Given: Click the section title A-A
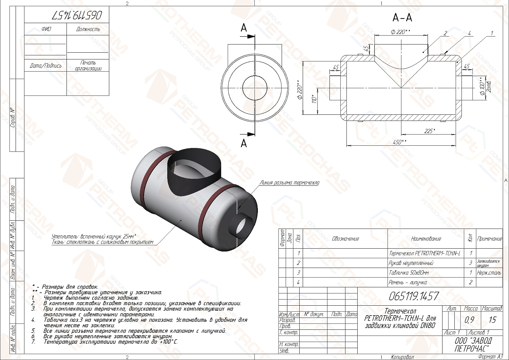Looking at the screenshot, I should coord(402,17).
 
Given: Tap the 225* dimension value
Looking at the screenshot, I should coord(430,131).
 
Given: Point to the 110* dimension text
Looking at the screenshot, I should coord(315,100).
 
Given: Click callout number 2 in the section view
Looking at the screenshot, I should coord(446,33).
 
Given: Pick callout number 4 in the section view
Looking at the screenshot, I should coord(470,33).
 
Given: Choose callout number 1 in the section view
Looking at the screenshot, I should coord(492,33).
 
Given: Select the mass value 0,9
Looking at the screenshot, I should coord(470,320).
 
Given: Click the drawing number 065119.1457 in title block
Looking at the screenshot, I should coord(414,296).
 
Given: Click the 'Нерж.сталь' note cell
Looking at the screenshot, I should coord(489,273).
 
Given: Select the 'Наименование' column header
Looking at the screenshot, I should coord(426,239).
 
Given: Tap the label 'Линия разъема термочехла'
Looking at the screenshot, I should coord(289,183).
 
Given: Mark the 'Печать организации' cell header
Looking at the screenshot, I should coord(88,65).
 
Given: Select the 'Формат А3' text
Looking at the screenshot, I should coord(490,357).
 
